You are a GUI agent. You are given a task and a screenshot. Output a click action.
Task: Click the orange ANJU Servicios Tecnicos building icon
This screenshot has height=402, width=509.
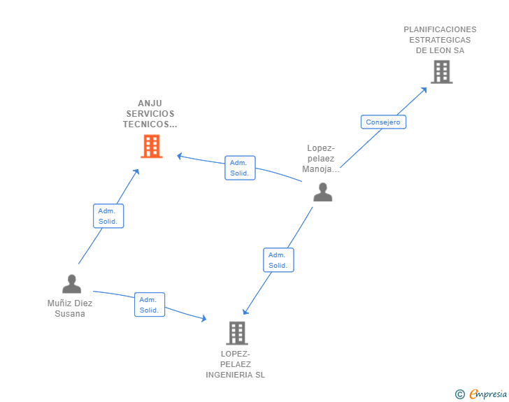(x=151, y=147)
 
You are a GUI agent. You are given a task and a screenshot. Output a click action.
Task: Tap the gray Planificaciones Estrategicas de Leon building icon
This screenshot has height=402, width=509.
(x=441, y=72)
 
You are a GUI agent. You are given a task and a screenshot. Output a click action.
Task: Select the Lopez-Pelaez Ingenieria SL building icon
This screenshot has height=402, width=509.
(x=237, y=333)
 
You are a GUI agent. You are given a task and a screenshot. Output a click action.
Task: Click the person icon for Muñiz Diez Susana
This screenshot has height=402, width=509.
(x=71, y=284)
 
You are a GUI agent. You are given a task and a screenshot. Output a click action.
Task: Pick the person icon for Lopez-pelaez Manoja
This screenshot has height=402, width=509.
(x=322, y=192)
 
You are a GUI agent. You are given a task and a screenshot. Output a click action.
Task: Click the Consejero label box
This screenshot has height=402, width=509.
(x=383, y=122)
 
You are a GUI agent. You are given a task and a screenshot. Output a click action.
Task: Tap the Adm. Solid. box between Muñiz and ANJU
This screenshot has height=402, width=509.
(x=108, y=216)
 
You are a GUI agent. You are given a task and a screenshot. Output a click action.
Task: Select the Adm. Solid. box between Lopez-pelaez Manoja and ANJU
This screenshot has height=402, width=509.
(x=240, y=168)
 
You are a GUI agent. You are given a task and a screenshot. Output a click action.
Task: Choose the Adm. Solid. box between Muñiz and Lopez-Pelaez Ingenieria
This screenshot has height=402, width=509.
(x=149, y=305)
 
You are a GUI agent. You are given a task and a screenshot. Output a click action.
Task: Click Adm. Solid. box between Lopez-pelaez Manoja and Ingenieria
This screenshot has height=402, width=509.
(x=278, y=260)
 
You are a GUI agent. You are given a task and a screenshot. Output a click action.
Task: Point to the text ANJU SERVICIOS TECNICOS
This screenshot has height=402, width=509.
(x=150, y=114)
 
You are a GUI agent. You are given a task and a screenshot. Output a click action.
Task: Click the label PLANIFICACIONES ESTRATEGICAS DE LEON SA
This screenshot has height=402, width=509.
(x=440, y=40)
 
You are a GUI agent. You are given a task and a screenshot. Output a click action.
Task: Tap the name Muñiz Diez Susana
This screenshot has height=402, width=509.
(x=70, y=308)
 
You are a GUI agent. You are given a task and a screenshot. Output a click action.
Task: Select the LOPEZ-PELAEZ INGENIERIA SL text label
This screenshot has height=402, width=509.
(x=236, y=364)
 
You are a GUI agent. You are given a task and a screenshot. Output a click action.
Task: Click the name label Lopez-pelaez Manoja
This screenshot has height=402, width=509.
(x=322, y=159)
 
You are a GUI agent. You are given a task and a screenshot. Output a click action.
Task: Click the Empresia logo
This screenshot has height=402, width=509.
(x=488, y=394)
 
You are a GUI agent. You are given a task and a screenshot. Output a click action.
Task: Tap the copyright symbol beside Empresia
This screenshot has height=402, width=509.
(x=460, y=394)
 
